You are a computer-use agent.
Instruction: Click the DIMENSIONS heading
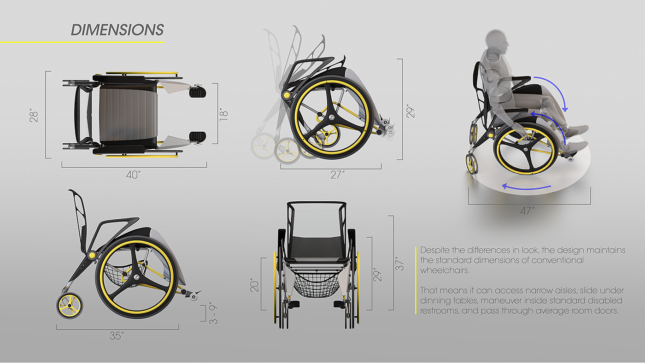pyautogui.click(x=117, y=30)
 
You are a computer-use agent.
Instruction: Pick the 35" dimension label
pyautogui.click(x=117, y=336)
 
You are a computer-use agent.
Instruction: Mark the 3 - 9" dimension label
pyautogui.click(x=213, y=314)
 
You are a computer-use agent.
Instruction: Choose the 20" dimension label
pyautogui.click(x=253, y=284)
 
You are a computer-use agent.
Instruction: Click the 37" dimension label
pyautogui.click(x=399, y=263)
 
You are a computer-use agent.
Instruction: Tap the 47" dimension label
pyautogui.click(x=527, y=211)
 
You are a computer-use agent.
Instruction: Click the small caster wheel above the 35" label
pyautogui.click(x=71, y=304)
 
